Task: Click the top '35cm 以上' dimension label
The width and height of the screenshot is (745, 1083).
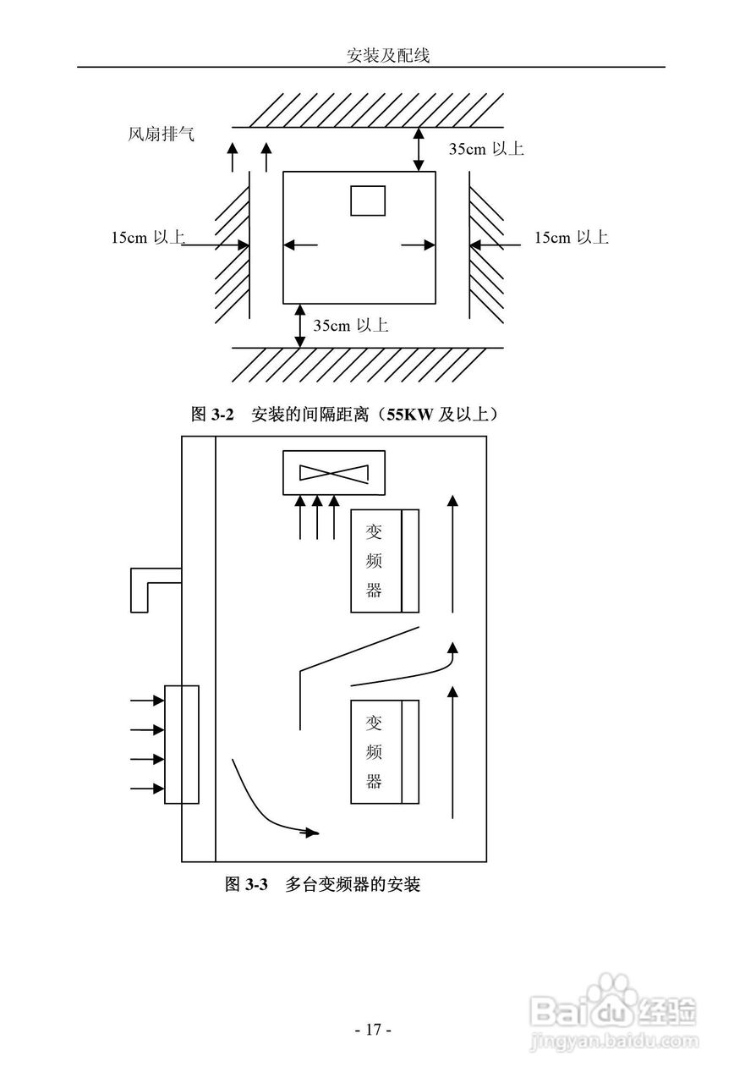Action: click(x=485, y=149)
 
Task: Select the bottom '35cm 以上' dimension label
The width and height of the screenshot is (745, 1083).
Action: click(x=350, y=325)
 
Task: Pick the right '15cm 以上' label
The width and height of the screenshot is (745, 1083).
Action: click(x=571, y=238)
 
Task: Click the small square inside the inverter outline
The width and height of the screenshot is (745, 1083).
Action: click(x=368, y=201)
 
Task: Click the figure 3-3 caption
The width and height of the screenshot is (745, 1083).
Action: click(x=322, y=885)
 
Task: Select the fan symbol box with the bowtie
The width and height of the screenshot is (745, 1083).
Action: click(x=334, y=472)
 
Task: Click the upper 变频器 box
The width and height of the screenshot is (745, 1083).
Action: click(x=385, y=561)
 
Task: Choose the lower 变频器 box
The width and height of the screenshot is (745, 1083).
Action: click(x=385, y=752)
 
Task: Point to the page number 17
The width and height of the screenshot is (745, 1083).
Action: click(x=372, y=1030)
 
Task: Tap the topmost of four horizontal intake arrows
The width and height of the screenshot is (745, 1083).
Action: click(x=147, y=701)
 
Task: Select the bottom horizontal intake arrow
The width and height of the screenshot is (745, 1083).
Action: click(x=147, y=789)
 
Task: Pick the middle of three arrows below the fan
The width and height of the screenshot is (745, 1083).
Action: click(x=317, y=517)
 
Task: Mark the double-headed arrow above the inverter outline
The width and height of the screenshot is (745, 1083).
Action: click(x=418, y=150)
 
